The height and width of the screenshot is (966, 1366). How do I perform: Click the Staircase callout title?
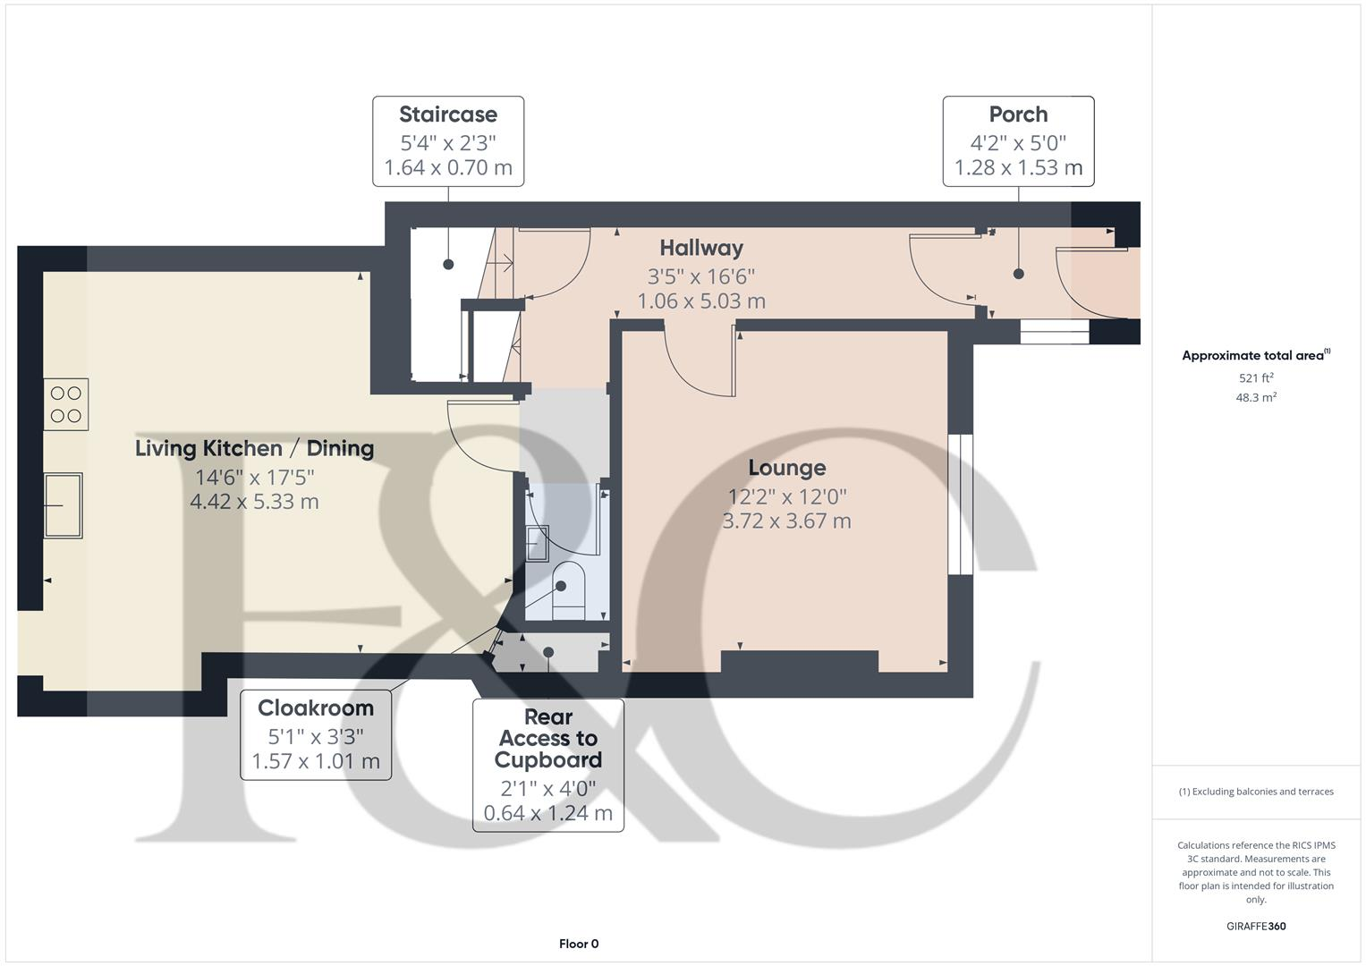[447, 114]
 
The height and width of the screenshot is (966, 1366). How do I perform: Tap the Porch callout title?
[1018, 114]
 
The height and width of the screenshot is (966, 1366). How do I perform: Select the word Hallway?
[701, 248]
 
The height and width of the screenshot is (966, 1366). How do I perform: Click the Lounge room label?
[786, 468]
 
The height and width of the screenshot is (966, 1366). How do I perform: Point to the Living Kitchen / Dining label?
[254, 448]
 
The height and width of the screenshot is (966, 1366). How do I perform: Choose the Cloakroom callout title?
[316, 708]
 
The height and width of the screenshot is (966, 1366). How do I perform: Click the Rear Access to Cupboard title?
[547, 739]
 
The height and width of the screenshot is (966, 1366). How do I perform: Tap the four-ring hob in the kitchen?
[66, 404]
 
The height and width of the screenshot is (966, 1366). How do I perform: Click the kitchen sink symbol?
[63, 505]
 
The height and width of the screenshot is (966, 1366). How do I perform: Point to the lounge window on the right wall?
[960, 504]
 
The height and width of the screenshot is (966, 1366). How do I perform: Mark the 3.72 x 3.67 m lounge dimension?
[786, 521]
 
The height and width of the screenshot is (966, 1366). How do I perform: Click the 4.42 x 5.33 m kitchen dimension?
[254, 502]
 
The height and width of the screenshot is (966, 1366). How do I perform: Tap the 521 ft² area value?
[1255, 378]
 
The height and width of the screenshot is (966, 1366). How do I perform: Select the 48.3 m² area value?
[1255, 398]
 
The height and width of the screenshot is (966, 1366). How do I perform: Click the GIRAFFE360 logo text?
[1255, 926]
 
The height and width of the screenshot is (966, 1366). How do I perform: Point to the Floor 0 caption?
[579, 944]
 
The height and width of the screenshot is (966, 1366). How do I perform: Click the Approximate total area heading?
[1255, 356]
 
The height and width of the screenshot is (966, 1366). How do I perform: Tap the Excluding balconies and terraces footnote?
[1255, 792]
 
